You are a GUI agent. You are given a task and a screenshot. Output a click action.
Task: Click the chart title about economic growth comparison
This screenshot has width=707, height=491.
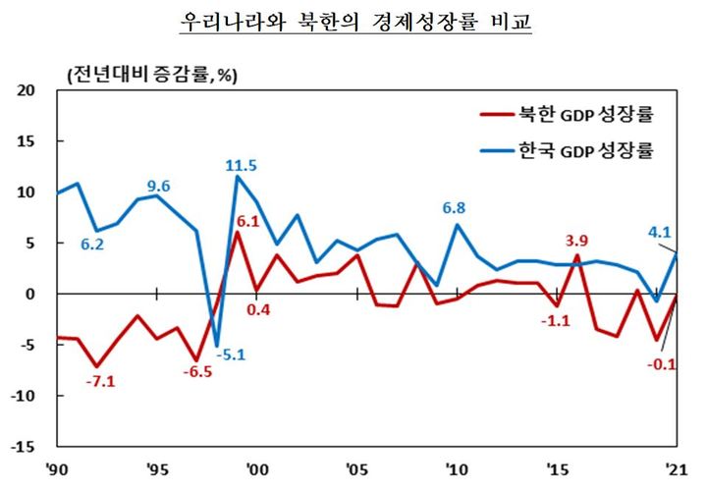click(354, 22)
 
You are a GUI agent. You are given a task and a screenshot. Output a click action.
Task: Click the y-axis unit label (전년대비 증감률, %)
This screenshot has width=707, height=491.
click(152, 74)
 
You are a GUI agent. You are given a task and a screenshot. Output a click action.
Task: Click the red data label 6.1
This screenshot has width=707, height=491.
click(247, 221)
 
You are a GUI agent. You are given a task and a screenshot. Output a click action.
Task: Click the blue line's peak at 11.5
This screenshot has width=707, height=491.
click(237, 177)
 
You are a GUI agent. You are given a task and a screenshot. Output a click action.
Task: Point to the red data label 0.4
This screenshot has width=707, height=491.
click(258, 310)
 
